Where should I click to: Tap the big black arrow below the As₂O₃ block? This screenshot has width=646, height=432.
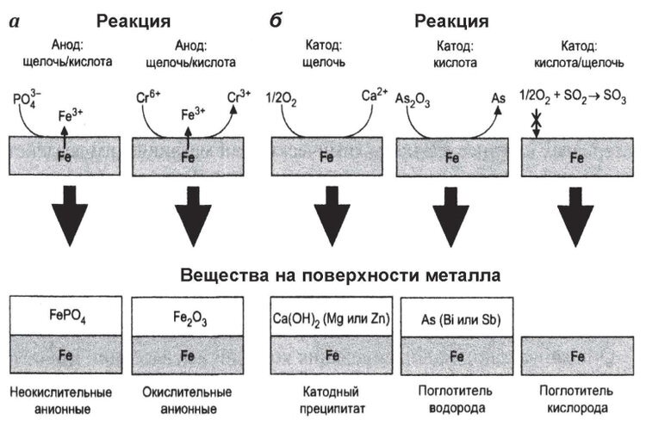(x=451, y=225)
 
